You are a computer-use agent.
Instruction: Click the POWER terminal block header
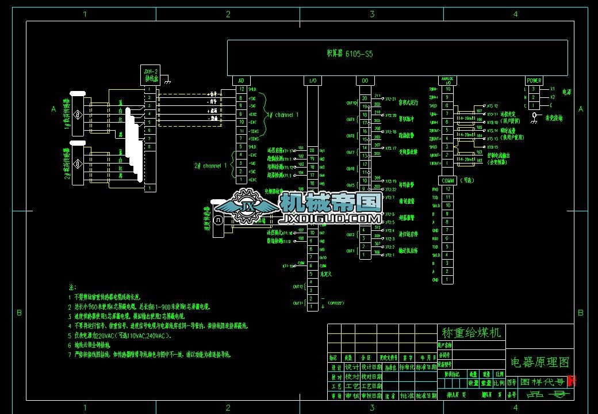pos(534,81)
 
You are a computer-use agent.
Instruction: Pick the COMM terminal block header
pos(447,181)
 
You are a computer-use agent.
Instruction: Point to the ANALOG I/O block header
pos(447,81)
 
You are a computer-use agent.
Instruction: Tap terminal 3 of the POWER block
pos(534,89)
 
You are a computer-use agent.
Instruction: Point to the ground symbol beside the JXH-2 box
pos(166,83)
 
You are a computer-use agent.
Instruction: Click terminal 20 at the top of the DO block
pos(365,98)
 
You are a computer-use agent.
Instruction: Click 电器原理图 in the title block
pos(539,362)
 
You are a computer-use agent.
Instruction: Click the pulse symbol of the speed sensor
pos(218,220)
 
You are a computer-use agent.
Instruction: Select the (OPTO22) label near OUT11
pos(335,303)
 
